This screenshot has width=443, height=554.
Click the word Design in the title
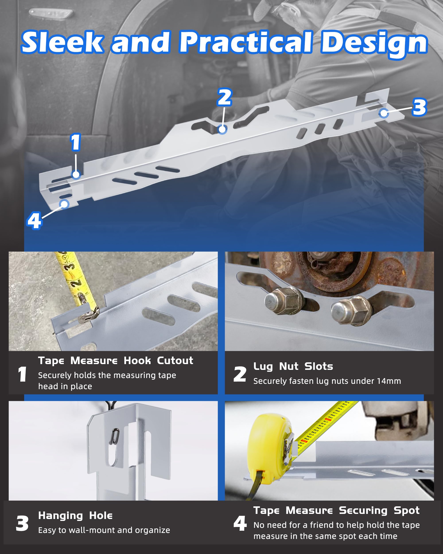(374, 44)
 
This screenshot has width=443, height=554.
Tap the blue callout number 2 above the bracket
(225, 97)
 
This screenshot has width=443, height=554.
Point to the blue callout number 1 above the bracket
(76, 142)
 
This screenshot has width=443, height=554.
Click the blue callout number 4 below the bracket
(34, 220)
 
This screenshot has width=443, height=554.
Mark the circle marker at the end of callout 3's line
(384, 113)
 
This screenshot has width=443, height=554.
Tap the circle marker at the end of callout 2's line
(222, 129)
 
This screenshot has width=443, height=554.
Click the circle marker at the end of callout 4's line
(64, 204)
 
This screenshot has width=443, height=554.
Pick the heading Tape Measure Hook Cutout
(116, 361)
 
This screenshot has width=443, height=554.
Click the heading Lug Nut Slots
(293, 367)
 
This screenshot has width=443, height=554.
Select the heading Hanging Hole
(75, 516)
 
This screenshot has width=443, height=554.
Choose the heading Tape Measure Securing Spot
(336, 511)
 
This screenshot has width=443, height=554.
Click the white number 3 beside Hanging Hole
(22, 523)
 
